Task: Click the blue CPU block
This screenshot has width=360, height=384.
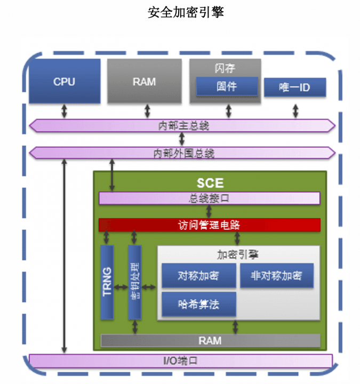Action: (64, 82)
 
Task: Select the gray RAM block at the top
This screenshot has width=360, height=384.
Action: (144, 82)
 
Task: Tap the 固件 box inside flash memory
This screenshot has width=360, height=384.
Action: (227, 86)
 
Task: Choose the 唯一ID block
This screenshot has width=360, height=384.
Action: (294, 87)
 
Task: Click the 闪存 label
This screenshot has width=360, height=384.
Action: (225, 68)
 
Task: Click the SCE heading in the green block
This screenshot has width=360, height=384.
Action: (210, 183)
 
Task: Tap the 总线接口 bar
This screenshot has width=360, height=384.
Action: (209, 198)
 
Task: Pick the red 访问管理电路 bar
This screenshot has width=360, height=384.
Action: (209, 225)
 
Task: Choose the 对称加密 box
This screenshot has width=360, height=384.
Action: (198, 276)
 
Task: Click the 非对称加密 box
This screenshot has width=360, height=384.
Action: (276, 276)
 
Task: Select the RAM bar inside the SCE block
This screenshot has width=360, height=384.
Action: (210, 340)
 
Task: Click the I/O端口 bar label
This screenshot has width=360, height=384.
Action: (180, 361)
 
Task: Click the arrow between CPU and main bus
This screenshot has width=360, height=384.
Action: (64, 111)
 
